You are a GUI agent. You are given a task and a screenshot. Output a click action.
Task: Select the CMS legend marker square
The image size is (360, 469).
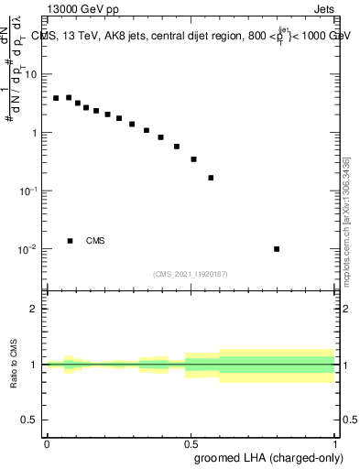[x=70, y=241]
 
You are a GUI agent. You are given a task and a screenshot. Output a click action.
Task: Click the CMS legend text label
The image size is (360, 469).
[x=95, y=241]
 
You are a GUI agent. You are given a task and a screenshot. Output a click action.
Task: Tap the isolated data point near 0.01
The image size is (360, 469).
[x=277, y=248]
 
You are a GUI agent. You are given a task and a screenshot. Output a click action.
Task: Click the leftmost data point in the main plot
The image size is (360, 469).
[x=56, y=98]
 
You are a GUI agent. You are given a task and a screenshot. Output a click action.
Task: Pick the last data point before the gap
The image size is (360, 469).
[x=211, y=178]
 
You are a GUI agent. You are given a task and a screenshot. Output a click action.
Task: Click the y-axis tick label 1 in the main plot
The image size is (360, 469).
[x=34, y=133]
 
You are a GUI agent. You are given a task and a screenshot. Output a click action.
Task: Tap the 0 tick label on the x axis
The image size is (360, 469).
[x=47, y=442]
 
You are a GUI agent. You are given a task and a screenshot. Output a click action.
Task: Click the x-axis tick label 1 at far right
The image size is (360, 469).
[x=334, y=442]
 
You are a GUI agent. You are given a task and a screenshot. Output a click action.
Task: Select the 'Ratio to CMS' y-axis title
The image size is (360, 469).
[x=14, y=365]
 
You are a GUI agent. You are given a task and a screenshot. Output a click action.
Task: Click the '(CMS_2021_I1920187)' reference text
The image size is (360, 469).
[x=191, y=272]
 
